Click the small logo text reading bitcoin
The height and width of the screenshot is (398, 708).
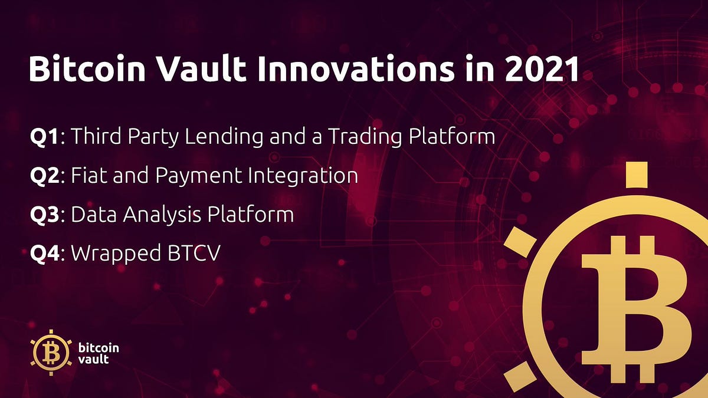(x=98, y=347)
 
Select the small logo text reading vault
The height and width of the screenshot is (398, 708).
(x=93, y=359)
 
